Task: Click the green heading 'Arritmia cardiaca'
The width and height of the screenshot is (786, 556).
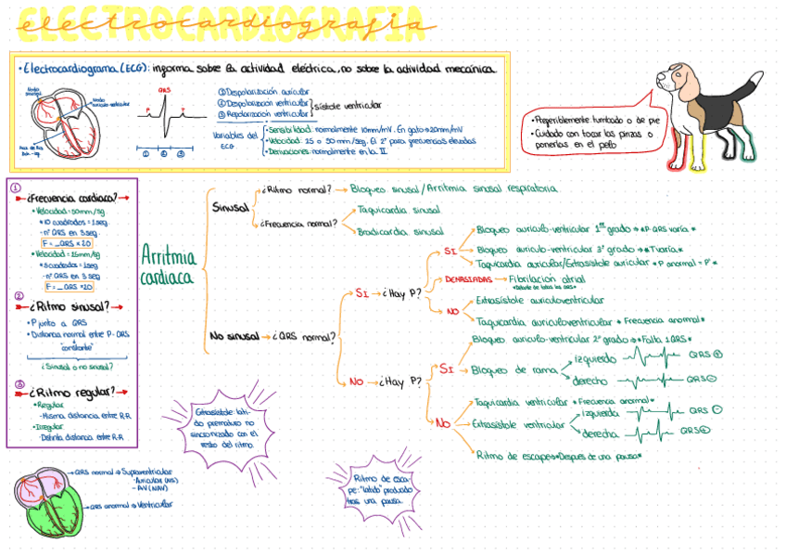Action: pos(168,264)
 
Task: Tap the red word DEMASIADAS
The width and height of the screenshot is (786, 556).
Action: pos(468,278)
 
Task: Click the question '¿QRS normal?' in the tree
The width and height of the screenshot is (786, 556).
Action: pos(305,337)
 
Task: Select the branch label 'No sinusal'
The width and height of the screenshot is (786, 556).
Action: pos(235,336)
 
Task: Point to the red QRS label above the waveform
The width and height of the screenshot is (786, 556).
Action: pos(164,90)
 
